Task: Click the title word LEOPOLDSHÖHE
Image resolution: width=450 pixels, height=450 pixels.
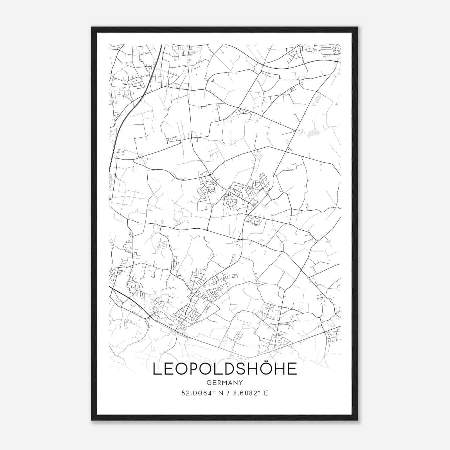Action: pyautogui.click(x=224, y=369)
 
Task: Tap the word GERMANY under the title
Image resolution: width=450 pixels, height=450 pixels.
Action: pyautogui.click(x=224, y=383)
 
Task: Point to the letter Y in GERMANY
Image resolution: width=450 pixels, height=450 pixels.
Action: pyautogui.click(x=241, y=383)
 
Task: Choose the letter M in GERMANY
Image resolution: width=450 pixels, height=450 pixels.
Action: pyautogui.click(x=224, y=383)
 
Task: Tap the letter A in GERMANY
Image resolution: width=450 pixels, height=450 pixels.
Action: pyautogui.click(x=230, y=383)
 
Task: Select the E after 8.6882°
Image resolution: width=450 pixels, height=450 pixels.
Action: pyautogui.click(x=266, y=393)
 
